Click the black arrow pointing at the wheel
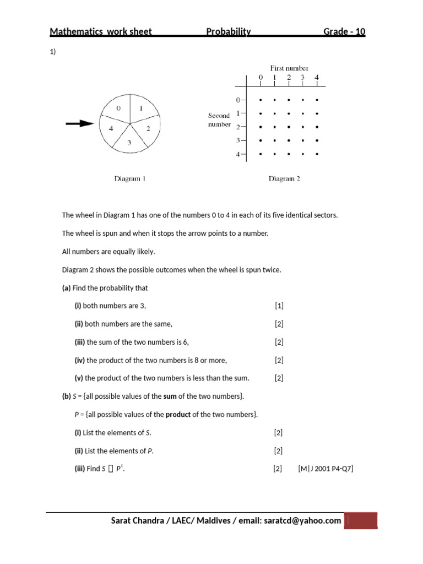click(80, 124)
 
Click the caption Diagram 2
click(284, 178)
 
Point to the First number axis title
click(289, 68)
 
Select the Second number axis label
click(219, 120)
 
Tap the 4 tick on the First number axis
click(317, 78)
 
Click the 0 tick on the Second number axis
click(238, 100)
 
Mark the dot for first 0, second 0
click(261, 100)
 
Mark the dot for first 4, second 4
click(317, 154)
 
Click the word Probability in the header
click(229, 32)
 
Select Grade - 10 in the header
click(344, 32)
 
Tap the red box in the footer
click(361, 521)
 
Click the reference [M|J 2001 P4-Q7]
click(326, 469)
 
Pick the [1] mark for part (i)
click(279, 306)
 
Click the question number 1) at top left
click(53, 52)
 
